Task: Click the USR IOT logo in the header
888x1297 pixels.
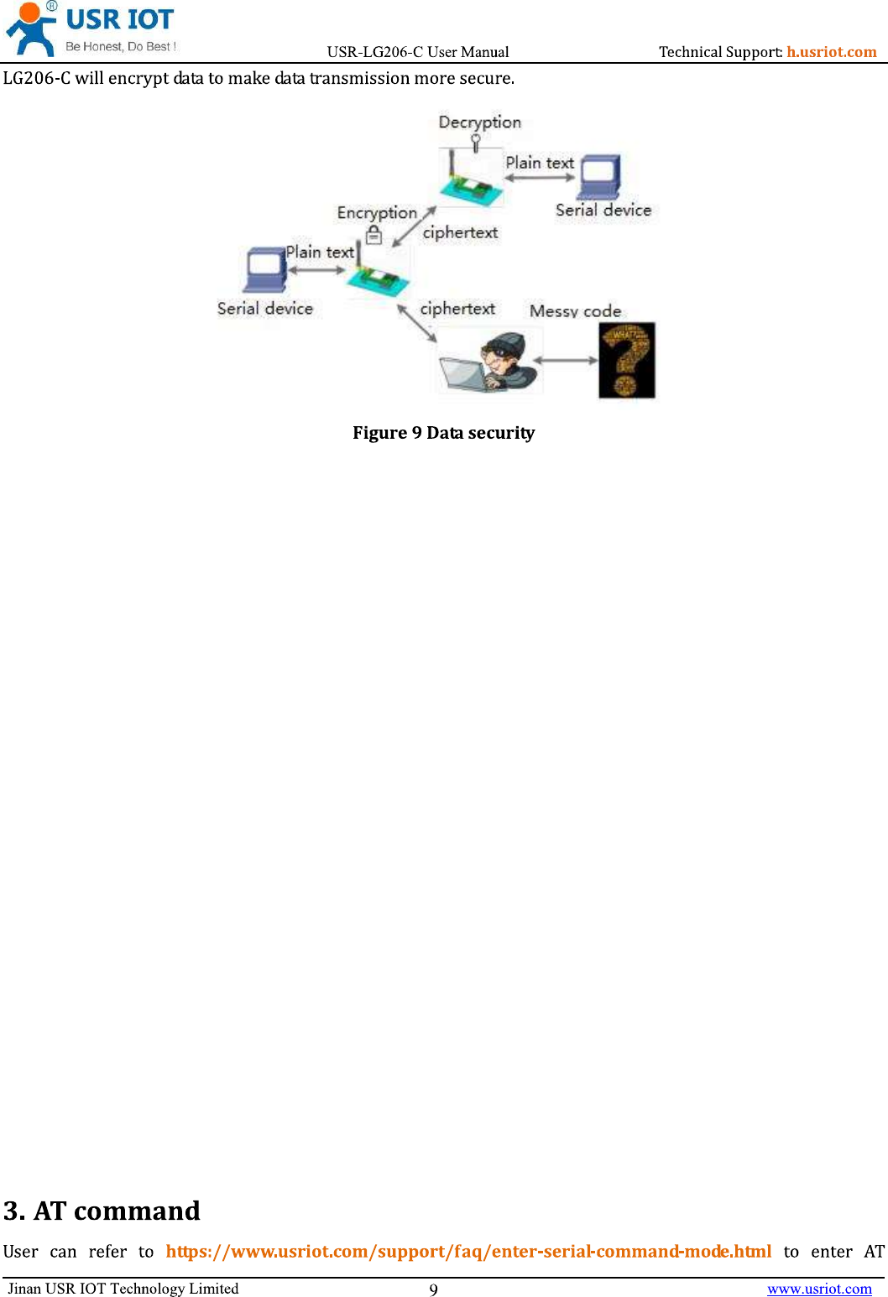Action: coord(91,29)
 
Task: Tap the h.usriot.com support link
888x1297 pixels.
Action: coord(831,52)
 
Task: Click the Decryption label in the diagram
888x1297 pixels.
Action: coord(479,122)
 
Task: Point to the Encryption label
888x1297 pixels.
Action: coord(377,213)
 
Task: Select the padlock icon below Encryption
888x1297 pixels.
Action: coord(374,235)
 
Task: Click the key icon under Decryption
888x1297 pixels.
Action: coord(476,143)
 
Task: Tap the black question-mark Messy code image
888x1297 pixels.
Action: coord(626,360)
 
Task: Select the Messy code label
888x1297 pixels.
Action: coord(575,311)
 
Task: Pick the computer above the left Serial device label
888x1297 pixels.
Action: coord(265,271)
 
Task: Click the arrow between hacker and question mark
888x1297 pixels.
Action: coord(566,361)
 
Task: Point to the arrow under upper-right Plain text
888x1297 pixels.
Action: coord(540,178)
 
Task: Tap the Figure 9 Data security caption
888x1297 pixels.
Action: coord(443,433)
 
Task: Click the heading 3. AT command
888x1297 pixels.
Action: coord(102,1211)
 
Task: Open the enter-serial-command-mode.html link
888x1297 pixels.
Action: coord(468,1252)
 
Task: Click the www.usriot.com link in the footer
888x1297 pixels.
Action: coord(819,1289)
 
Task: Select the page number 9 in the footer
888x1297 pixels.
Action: coord(433,1289)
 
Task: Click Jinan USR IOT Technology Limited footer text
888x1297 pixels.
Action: coord(123,1289)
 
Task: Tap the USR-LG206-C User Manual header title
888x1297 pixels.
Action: coord(418,52)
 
